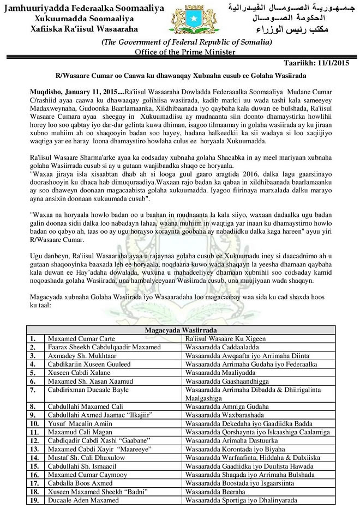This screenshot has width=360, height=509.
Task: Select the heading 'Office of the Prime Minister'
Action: point(186,52)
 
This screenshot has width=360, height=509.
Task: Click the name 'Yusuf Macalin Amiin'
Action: point(82,423)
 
